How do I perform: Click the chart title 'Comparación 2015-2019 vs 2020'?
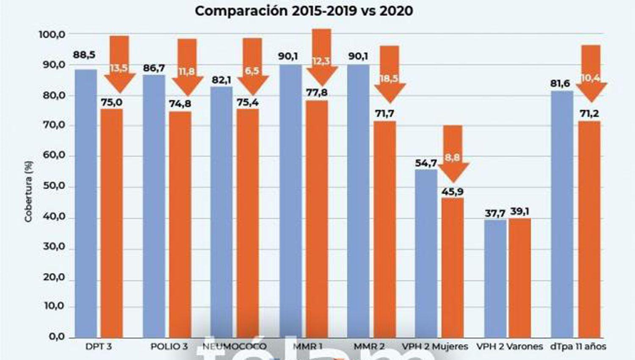click(x=304, y=11)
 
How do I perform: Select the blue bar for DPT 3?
click(x=86, y=203)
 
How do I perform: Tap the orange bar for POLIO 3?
click(x=180, y=224)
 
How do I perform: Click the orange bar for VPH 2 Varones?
click(x=520, y=277)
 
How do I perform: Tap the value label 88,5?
click(x=84, y=55)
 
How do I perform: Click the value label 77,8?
click(x=317, y=92)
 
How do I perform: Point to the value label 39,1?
click(x=519, y=211)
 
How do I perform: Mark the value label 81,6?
click(x=560, y=83)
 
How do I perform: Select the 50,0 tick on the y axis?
click(x=54, y=186)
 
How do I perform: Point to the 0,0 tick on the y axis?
click(x=57, y=337)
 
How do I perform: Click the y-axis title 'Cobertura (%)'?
click(x=28, y=191)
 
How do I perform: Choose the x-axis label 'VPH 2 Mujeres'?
click(x=435, y=346)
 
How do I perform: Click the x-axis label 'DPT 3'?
click(x=98, y=346)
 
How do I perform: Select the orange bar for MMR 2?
click(x=384, y=229)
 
